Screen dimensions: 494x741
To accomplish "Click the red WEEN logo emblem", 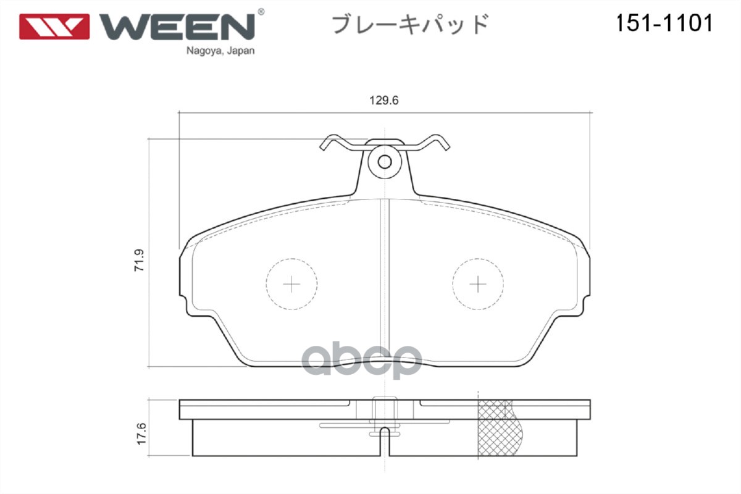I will [x=54, y=27].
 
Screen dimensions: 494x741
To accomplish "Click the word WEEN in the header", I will [x=178, y=27].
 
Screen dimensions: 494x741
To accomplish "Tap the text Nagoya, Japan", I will [x=220, y=51].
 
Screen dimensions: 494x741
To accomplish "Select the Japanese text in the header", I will [x=411, y=25].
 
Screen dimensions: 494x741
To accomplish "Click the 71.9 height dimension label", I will [x=139, y=259].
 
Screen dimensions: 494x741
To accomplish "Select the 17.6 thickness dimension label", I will [x=140, y=434].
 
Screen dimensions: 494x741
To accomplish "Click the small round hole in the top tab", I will [x=385, y=162].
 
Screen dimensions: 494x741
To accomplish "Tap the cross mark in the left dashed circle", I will [x=291, y=284].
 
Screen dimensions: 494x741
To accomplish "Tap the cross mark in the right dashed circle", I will [x=478, y=284].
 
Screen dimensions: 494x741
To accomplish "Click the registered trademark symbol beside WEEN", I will [x=261, y=12].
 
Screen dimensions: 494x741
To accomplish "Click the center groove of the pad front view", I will [x=385, y=278].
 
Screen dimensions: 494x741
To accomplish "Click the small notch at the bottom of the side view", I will [x=385, y=432].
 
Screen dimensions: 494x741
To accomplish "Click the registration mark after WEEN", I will [x=261, y=12].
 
